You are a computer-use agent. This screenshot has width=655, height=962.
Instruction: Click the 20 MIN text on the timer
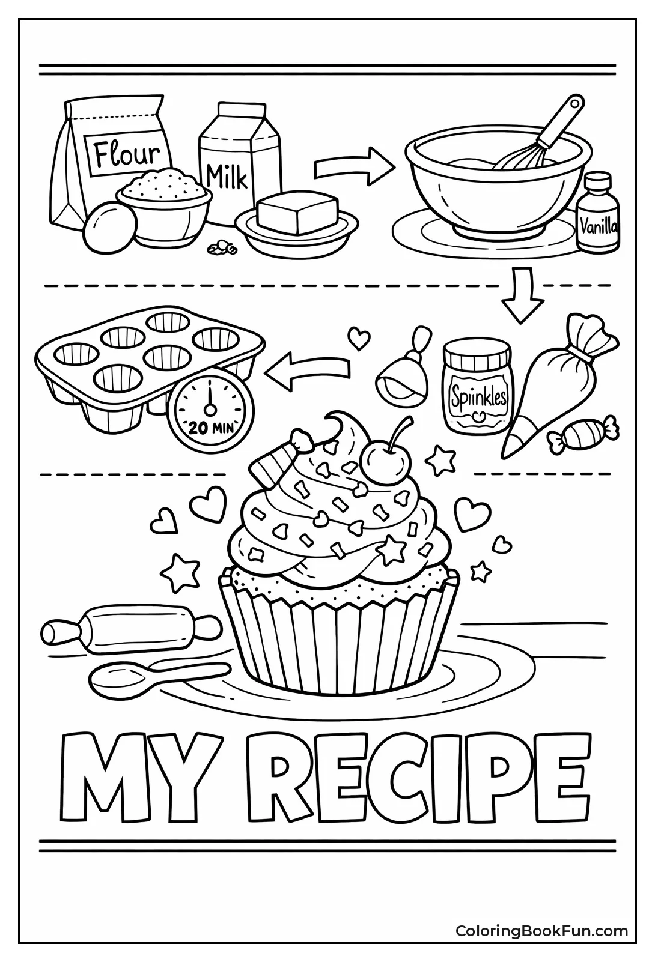(x=210, y=428)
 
